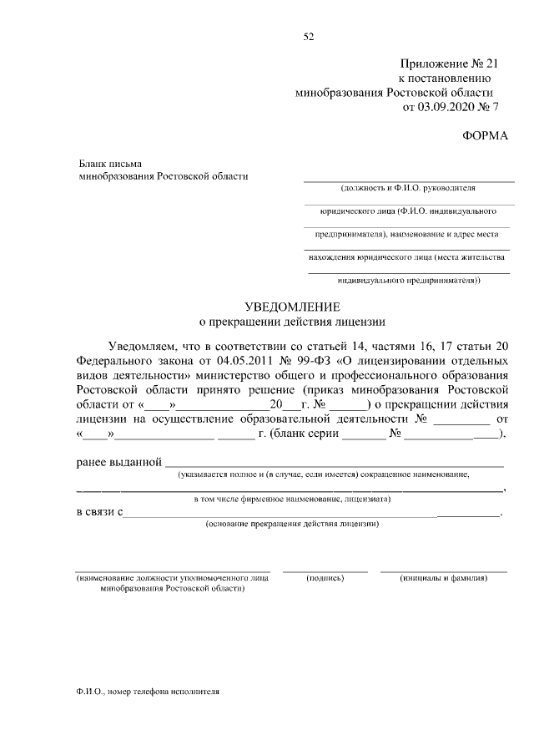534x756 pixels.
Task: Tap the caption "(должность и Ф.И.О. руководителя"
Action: pyautogui.click(x=408, y=188)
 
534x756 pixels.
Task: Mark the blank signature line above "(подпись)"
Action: pyautogui.click(x=325, y=570)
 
